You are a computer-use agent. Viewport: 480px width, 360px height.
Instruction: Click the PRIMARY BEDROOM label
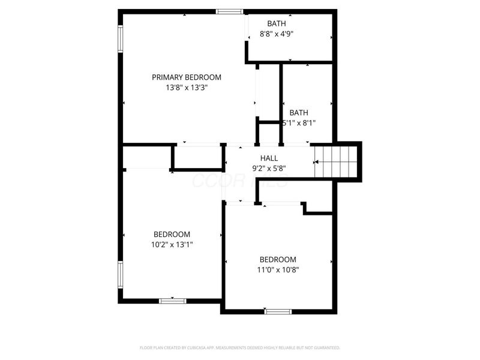click(x=186, y=77)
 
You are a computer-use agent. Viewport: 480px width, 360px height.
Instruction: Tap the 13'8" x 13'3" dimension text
click(x=186, y=88)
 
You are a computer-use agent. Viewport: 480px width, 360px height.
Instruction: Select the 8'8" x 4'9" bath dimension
click(x=277, y=34)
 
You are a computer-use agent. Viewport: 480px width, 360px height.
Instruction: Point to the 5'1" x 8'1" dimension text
click(x=299, y=123)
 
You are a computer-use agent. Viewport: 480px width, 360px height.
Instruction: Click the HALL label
click(x=269, y=158)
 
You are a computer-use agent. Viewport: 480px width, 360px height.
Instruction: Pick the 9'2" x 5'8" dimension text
click(x=269, y=169)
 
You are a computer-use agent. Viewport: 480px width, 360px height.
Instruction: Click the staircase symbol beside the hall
click(x=336, y=161)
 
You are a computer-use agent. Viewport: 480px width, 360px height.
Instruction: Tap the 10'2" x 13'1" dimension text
click(x=172, y=244)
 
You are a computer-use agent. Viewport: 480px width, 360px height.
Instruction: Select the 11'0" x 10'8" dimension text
click(x=278, y=269)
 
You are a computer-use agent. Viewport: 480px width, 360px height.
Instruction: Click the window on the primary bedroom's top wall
click(x=230, y=11)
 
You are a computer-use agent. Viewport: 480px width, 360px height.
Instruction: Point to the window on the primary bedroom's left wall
click(x=121, y=38)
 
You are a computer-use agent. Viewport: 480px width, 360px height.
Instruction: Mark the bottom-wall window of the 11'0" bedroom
click(x=278, y=311)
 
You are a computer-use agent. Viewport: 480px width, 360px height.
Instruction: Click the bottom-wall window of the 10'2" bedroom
click(x=172, y=301)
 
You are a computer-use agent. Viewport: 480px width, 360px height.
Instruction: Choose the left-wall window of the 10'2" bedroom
click(x=121, y=275)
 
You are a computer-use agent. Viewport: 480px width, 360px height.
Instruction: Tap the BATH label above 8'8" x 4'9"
click(x=277, y=24)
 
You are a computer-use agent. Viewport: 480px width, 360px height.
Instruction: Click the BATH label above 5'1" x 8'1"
click(x=299, y=113)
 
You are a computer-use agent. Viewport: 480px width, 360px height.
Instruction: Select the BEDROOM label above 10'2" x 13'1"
click(x=172, y=234)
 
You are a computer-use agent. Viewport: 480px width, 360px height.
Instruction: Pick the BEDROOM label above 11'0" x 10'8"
click(x=278, y=259)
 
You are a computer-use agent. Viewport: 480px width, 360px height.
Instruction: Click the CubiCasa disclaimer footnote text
click(x=240, y=347)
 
